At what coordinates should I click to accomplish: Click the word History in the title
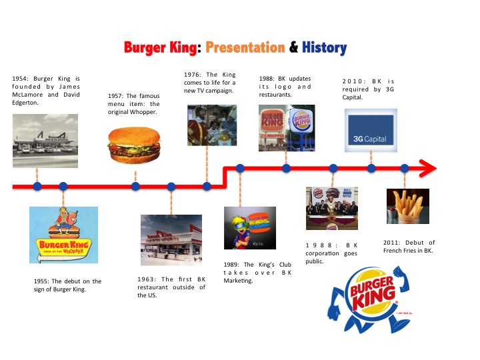point(324,48)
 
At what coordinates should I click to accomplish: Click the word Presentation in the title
point(245,48)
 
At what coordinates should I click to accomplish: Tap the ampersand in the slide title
point(293,48)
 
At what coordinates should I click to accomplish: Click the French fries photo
point(407,205)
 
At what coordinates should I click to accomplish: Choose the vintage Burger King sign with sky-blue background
point(63,234)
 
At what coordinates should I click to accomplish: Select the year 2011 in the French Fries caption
point(392,243)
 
